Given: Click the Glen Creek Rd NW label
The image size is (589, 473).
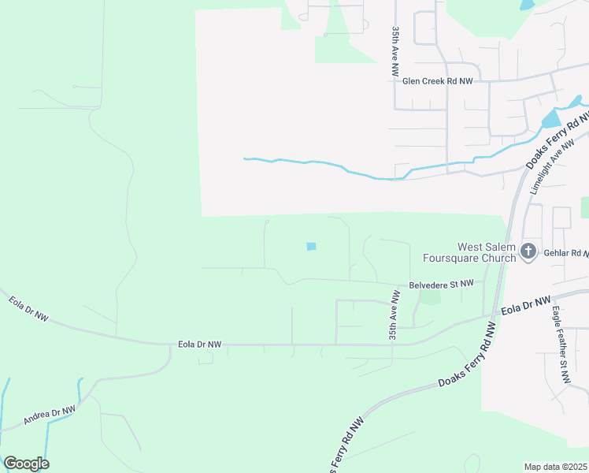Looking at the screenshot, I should tap(438, 80).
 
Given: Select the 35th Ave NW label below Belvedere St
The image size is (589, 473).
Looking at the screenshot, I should tap(394, 315).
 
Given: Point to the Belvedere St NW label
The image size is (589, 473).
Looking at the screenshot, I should tap(441, 283).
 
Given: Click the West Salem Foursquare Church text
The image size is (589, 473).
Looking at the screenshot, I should tap(469, 252).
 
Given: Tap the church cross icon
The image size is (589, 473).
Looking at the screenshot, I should tap(528, 251).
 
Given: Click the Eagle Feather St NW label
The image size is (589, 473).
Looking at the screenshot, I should tap(560, 345).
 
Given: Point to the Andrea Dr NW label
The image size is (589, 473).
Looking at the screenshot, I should tap(49, 415).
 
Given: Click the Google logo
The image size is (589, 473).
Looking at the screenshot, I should tap(26, 464).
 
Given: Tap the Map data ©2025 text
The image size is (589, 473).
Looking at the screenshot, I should tap(556, 467).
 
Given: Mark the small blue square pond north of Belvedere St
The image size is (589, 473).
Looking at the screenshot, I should tap(311, 247).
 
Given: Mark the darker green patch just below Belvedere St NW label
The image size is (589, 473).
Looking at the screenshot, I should tap(430, 297).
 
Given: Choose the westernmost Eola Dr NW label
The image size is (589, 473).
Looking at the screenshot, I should tap(28, 308).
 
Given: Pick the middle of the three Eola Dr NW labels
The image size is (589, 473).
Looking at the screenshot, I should tap(200, 345).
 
